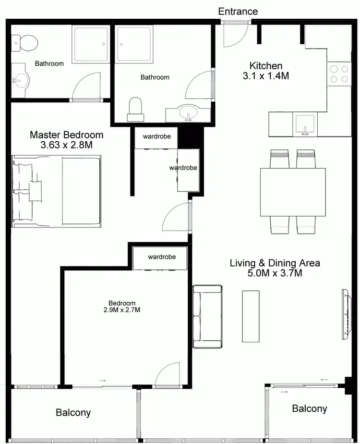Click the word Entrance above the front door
tap(238, 11)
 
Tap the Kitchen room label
tap(265, 66)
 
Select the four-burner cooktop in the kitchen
tap(338, 74)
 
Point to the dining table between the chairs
tap(293, 192)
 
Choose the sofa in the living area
tap(207, 316)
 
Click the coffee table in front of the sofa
tap(251, 316)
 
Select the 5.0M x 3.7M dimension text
tap(275, 273)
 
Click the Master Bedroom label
tap(66, 135)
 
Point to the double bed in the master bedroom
tap(57, 191)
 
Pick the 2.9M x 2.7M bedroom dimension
tap(122, 310)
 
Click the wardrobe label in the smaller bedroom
tap(162, 257)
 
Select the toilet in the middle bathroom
tap(136, 110)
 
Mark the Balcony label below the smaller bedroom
tap(73, 412)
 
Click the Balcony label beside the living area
tap(310, 408)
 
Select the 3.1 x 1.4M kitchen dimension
tap(265, 76)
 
